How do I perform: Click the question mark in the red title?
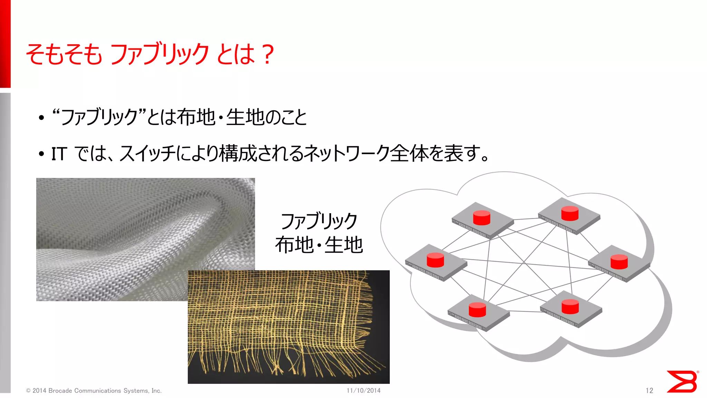tap(268, 54)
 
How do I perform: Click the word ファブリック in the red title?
tap(159, 54)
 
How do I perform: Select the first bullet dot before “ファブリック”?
tap(41, 118)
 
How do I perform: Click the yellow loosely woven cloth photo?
tap(289, 326)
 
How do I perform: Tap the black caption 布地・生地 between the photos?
tap(319, 245)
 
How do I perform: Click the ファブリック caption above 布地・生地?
tap(319, 221)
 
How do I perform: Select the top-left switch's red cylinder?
tap(482, 218)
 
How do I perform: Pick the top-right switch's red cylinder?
tap(570, 213)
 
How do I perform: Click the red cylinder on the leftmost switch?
tap(435, 260)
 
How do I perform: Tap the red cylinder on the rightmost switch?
tap(619, 262)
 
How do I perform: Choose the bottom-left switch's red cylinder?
tap(477, 309)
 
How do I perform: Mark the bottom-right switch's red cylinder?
tap(570, 306)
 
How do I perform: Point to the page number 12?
tap(649, 390)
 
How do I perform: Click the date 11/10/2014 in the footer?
tap(364, 390)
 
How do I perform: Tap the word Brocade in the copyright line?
tap(60, 391)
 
